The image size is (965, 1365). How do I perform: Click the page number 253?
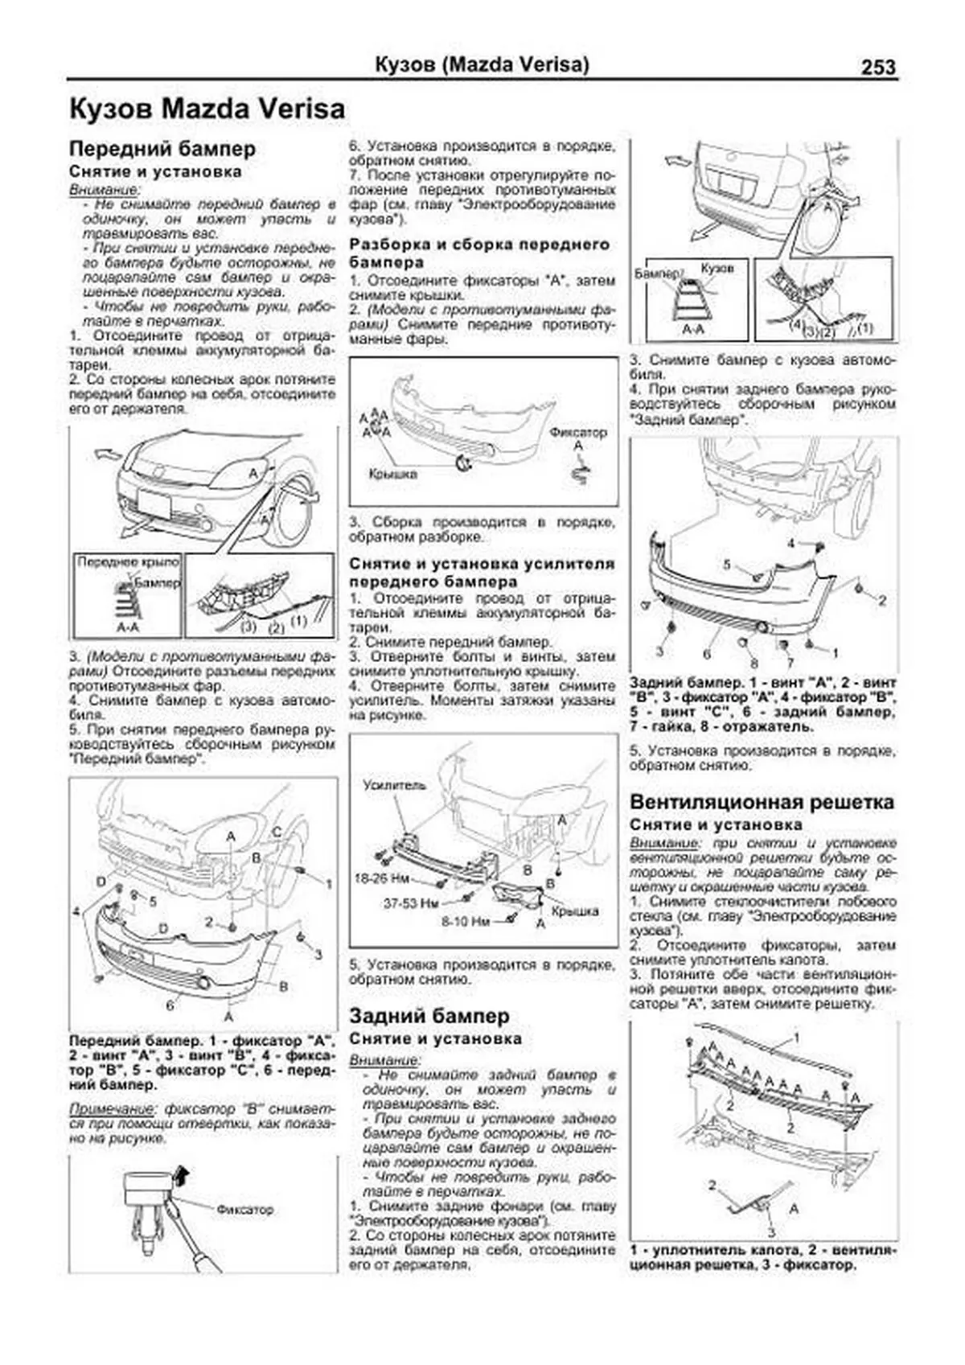click(878, 67)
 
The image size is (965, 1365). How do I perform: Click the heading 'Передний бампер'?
click(162, 149)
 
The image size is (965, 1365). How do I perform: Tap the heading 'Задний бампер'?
click(429, 1015)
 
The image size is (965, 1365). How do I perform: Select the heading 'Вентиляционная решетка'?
click(762, 802)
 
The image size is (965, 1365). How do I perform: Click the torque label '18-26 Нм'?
click(381, 879)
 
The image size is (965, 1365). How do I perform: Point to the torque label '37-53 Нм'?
click(410, 903)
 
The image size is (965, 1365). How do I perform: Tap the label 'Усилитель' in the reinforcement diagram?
click(395, 785)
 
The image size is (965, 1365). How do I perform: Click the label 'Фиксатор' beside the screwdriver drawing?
click(244, 1209)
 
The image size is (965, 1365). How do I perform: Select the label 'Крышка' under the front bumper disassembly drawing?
click(392, 474)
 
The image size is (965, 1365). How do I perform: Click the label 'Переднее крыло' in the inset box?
click(128, 561)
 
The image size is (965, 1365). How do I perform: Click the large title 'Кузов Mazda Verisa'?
click(207, 109)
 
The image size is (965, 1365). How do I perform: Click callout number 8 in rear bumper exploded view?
click(754, 663)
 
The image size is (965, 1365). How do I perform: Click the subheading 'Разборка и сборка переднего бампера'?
click(479, 253)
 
